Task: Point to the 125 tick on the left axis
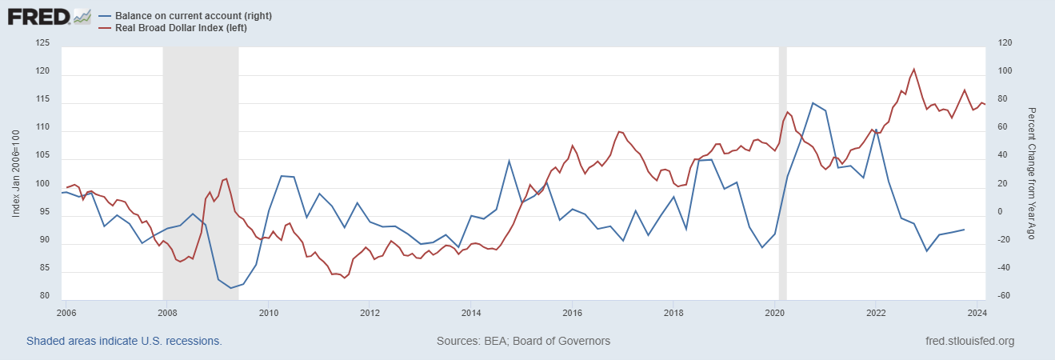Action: coord(43,43)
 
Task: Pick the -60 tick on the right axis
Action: coord(997,296)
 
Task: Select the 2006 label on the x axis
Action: coord(66,312)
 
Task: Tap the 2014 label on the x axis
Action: coord(471,312)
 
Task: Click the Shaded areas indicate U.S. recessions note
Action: coord(124,341)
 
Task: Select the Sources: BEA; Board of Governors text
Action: coord(523,341)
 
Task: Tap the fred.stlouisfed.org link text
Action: coord(969,341)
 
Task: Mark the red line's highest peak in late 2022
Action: coord(913,69)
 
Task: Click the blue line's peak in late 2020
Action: coord(813,102)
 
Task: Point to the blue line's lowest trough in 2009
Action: coord(230,288)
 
